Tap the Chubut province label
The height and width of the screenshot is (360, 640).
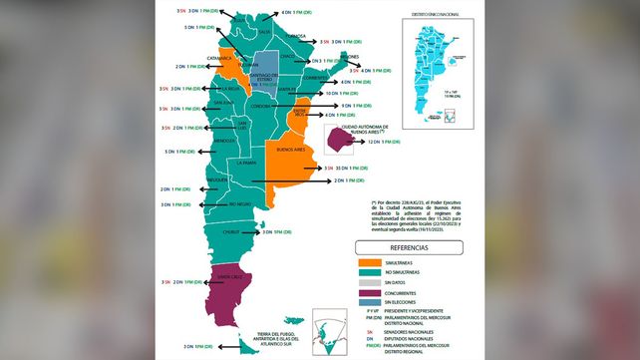232,231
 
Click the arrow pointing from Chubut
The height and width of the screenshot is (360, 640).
249,231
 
